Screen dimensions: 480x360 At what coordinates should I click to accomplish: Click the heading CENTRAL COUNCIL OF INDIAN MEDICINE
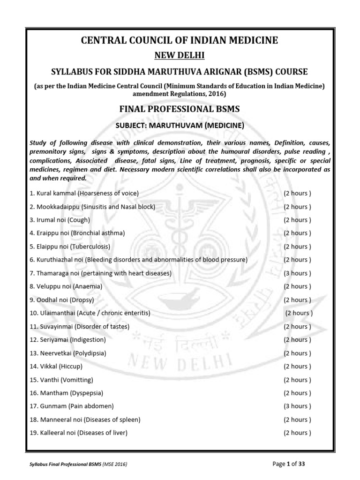180,41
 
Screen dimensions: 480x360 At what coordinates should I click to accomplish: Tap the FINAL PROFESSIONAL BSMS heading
180,109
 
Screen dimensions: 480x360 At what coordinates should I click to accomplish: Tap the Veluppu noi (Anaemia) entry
66,286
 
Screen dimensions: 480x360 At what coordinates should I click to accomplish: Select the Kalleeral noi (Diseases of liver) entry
78,433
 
